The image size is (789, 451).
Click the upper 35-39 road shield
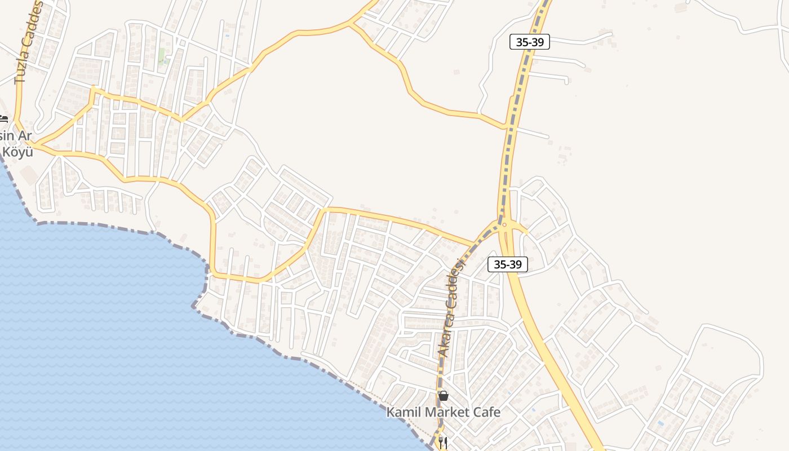[529, 42]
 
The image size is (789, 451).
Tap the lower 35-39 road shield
[507, 264]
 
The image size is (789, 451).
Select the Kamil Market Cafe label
[443, 412]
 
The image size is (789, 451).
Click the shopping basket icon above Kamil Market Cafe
[444, 396]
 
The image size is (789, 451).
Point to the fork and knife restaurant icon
[443, 443]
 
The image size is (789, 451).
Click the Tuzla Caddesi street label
[28, 42]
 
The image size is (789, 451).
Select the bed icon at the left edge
[3, 119]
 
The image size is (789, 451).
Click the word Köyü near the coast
[17, 152]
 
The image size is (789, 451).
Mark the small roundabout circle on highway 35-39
[504, 225]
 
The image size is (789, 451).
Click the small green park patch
[162, 56]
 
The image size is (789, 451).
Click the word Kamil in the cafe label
[403, 412]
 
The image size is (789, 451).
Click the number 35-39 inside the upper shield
[529, 42]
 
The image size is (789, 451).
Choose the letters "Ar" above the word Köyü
[24, 136]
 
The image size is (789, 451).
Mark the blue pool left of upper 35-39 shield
[227, 36]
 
